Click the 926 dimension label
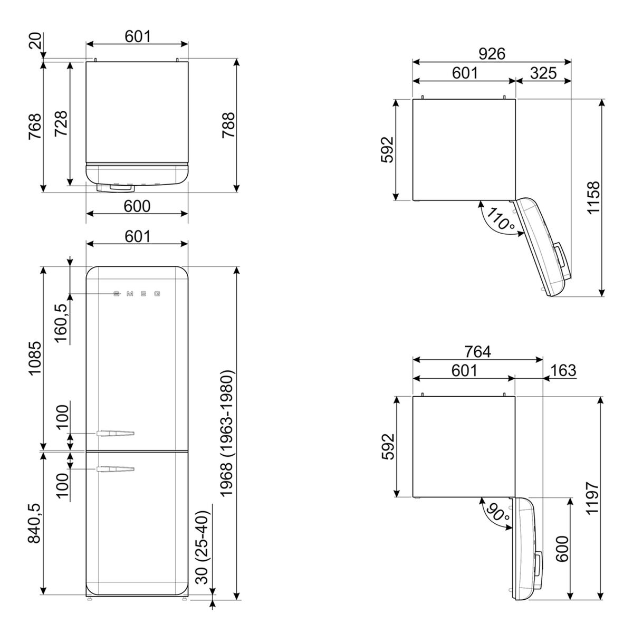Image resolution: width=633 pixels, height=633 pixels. [x=492, y=54]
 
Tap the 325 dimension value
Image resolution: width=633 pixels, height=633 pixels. [x=543, y=73]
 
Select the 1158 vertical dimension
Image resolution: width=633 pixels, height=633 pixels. [x=593, y=197]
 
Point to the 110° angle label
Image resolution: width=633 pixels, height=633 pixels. [x=500, y=219]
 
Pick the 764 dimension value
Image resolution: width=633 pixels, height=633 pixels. [x=477, y=352]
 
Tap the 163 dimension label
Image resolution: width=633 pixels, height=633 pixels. [x=563, y=370]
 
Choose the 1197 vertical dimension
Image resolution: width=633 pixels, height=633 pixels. [x=593, y=498]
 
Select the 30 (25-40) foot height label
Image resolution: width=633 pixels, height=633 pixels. [x=202, y=547]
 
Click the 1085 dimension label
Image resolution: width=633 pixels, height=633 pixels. [x=34, y=358]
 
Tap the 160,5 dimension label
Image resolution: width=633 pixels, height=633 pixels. [x=62, y=323]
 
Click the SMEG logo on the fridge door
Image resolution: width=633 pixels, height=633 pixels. [x=137, y=294]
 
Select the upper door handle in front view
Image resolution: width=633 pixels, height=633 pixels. [x=116, y=433]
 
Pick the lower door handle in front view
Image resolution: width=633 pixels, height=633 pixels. [x=116, y=469]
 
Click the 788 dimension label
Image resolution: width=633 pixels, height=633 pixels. [x=228, y=125]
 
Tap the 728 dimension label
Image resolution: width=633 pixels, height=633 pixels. [x=61, y=123]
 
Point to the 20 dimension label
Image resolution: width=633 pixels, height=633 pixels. [x=36, y=41]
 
